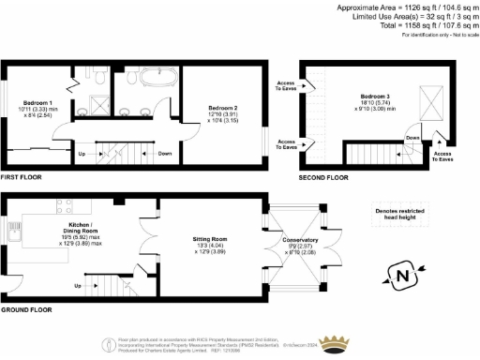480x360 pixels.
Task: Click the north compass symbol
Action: pos(403,276)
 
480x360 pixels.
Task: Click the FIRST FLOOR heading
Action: pos(21,175)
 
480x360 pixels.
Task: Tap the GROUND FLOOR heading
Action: pos(23,309)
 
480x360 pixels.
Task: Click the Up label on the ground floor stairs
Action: pos(77,286)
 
